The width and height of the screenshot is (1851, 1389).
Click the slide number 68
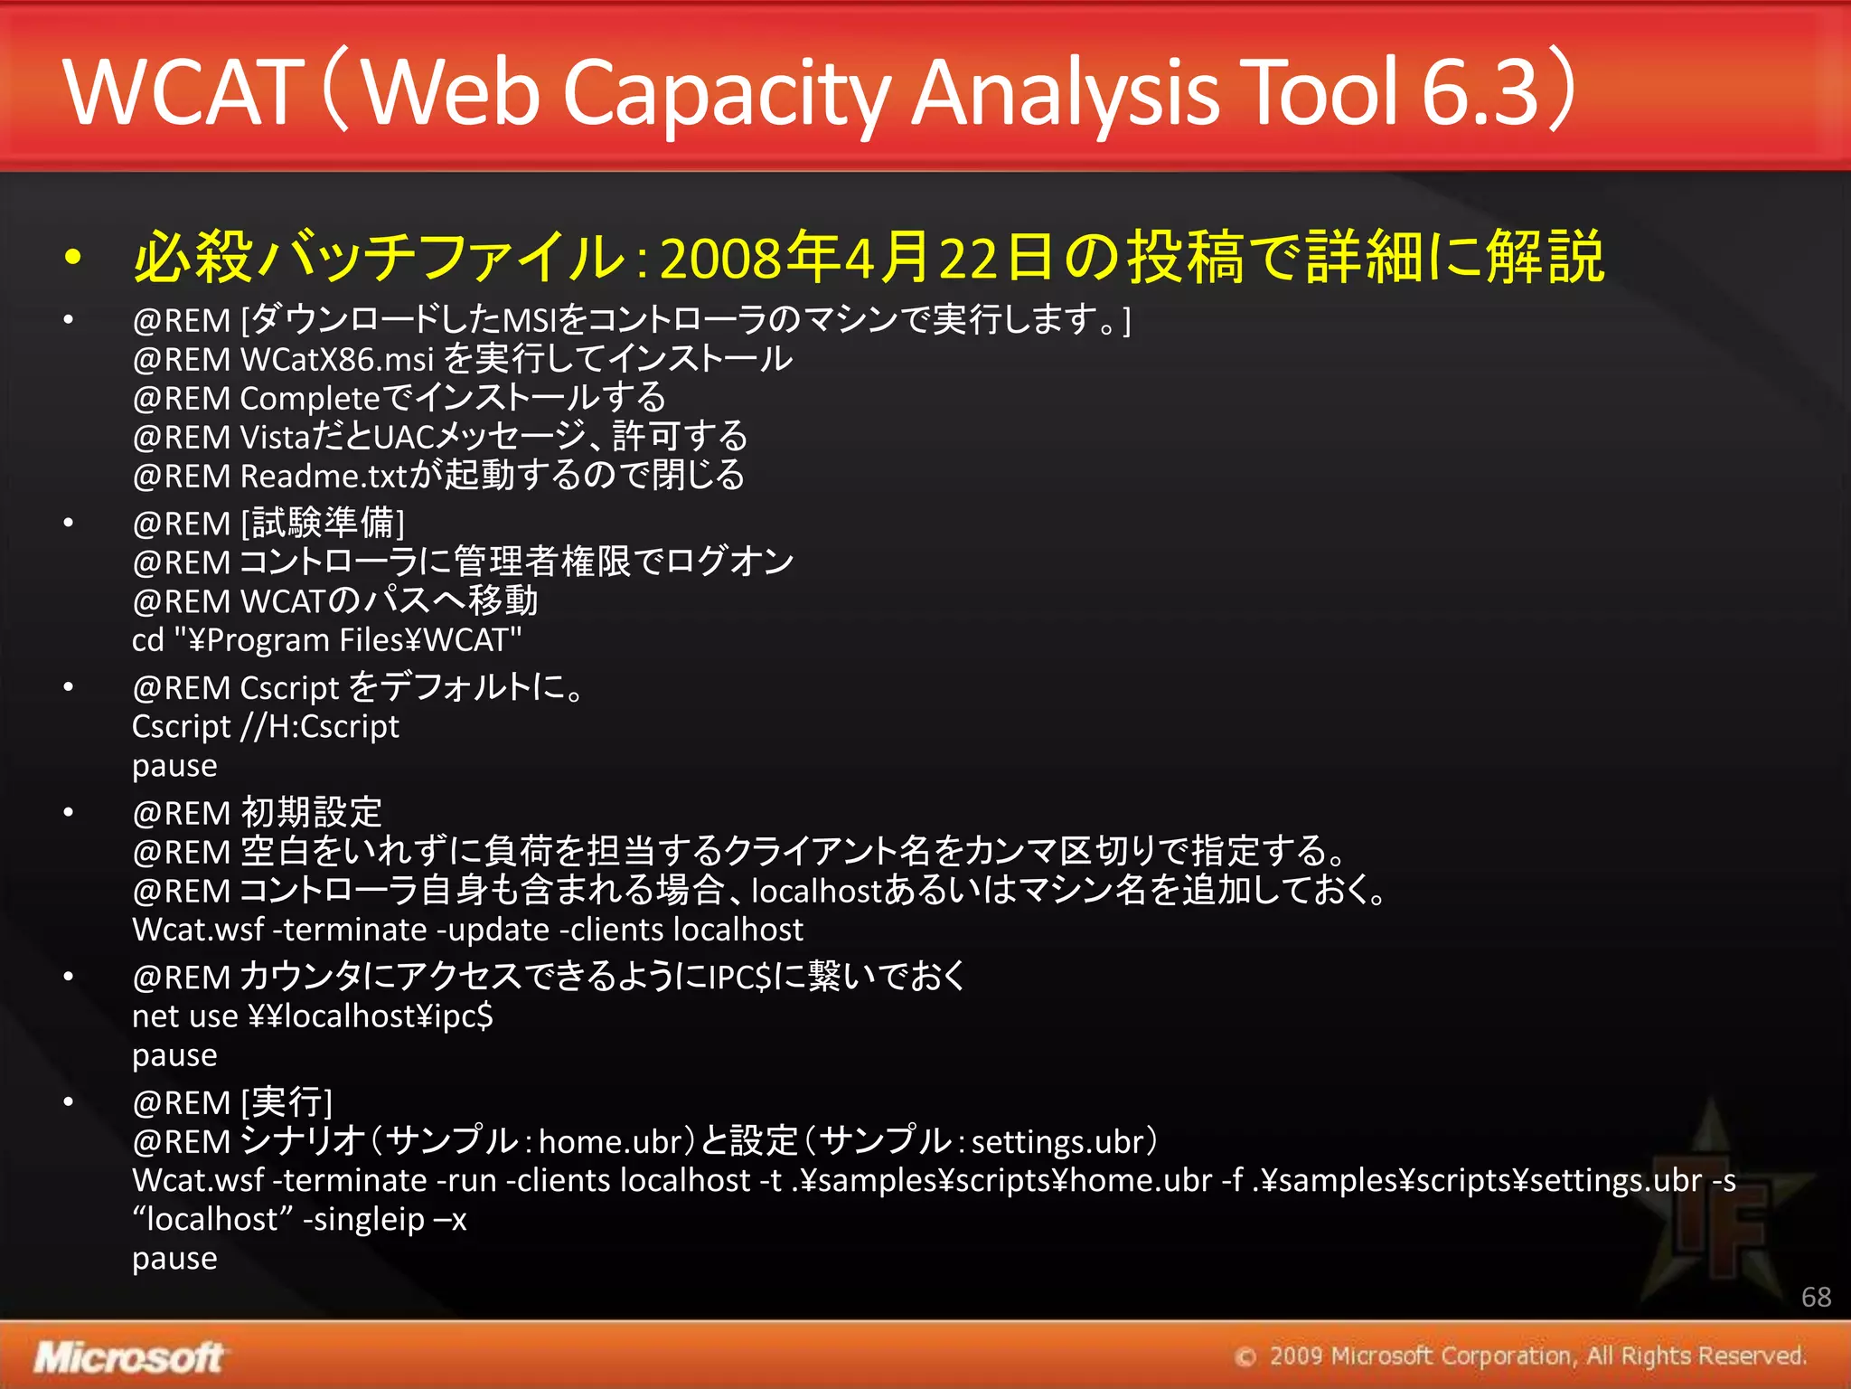(1816, 1297)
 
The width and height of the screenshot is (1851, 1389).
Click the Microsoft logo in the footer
(128, 1357)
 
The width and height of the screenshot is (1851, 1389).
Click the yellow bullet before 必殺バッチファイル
(73, 259)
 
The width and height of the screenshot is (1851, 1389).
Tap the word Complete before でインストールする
(310, 399)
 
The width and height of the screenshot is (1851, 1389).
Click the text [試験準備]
(324, 524)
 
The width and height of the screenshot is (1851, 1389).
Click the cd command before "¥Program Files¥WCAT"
(148, 640)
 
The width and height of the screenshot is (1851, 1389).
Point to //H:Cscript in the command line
(320, 727)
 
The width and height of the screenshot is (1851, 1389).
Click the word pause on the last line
(174, 1259)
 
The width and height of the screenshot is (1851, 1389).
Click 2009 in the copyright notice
(1295, 1356)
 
